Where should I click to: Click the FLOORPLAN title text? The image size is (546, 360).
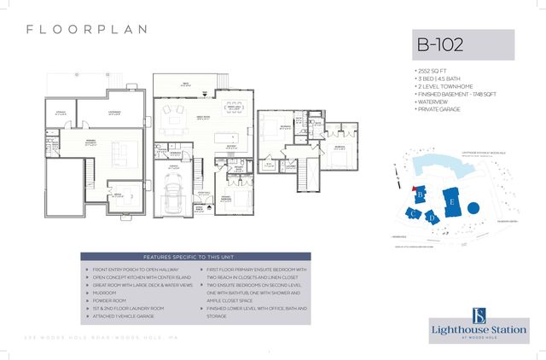87,29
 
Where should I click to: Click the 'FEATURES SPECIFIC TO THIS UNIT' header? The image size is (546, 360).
195,257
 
